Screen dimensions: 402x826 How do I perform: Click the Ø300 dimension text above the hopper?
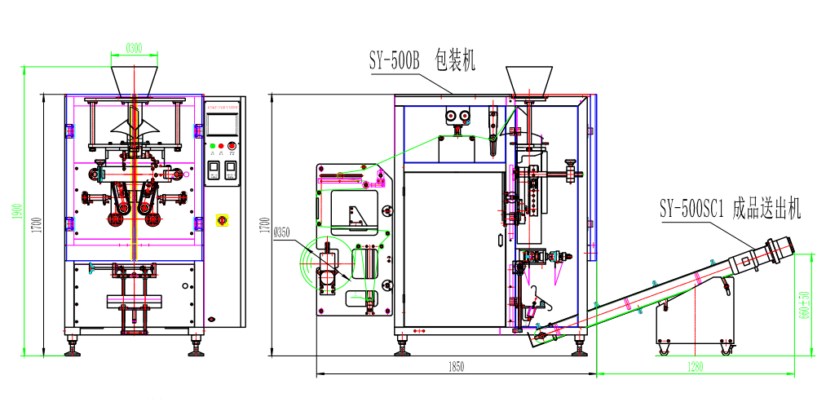click(x=135, y=48)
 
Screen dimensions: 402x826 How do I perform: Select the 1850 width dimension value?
click(x=456, y=368)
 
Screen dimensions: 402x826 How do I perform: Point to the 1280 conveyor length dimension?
click(x=694, y=367)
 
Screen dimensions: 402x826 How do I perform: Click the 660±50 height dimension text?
click(x=805, y=304)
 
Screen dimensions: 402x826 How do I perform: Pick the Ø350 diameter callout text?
click(x=282, y=232)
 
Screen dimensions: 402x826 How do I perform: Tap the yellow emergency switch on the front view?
click(x=221, y=220)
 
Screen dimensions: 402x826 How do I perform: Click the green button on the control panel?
click(x=212, y=147)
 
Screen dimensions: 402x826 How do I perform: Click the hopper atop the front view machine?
click(x=135, y=79)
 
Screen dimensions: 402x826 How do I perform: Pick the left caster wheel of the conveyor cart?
click(x=663, y=351)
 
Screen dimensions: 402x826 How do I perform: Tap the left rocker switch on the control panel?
click(x=214, y=170)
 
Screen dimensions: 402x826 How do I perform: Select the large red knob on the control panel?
click(x=232, y=147)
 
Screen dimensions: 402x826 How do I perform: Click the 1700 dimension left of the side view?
click(x=263, y=225)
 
